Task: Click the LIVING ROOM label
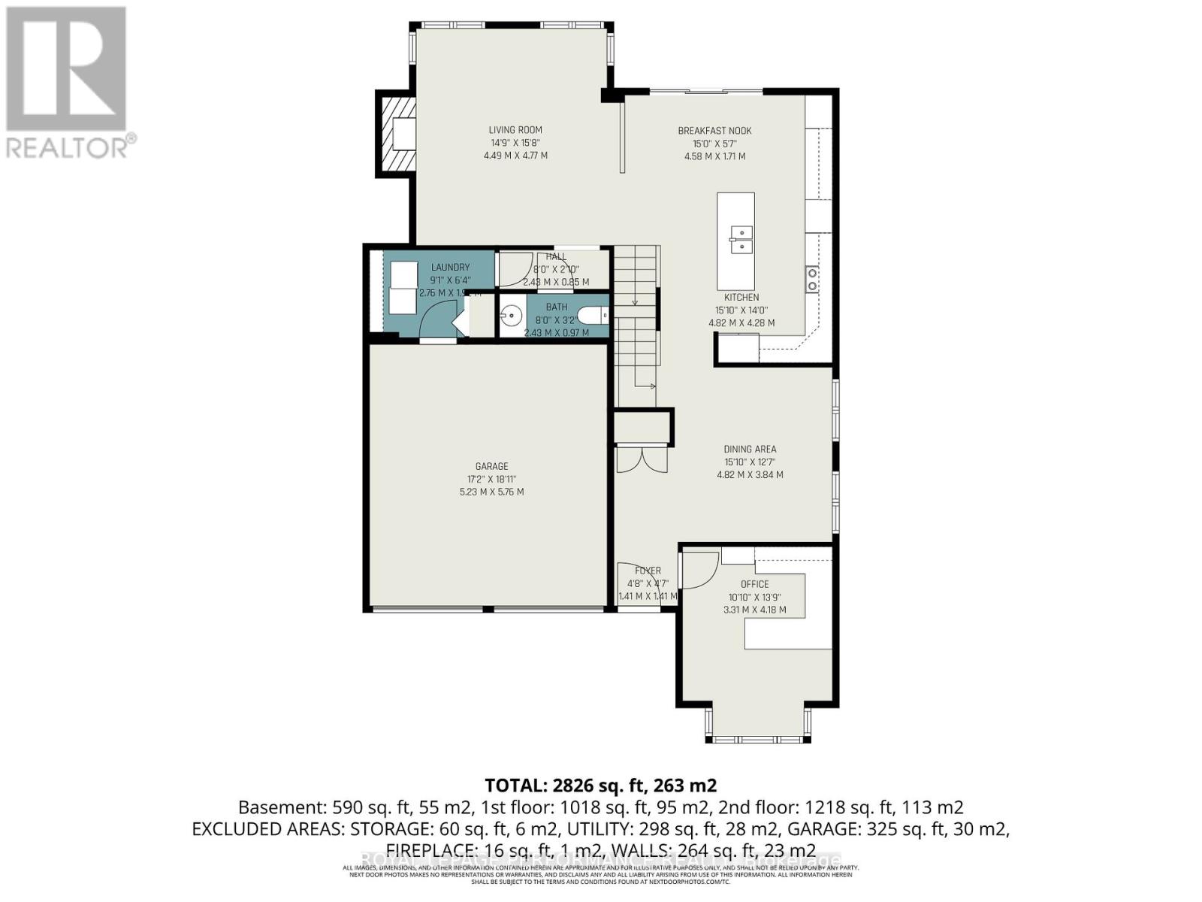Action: [515, 130]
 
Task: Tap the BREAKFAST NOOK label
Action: [714, 131]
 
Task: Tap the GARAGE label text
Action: [491, 466]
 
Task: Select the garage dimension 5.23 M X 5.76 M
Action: [491, 492]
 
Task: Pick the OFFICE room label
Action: [754, 584]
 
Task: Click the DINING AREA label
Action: [750, 449]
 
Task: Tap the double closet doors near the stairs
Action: [642, 459]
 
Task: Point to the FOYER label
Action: [648, 571]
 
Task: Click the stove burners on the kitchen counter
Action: [812, 280]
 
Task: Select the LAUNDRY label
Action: [450, 268]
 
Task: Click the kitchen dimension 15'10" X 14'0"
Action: [741, 310]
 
